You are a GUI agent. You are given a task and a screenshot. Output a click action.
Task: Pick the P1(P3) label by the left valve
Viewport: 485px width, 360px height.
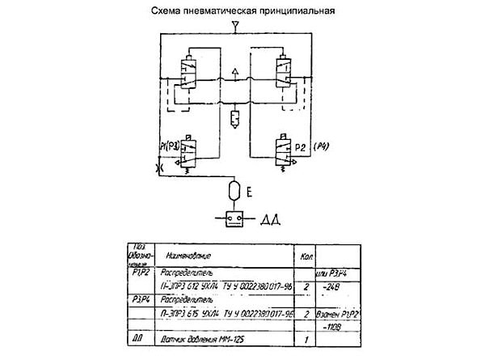(172, 146)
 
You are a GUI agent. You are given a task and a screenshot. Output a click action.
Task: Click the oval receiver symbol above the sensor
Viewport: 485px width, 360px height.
(234, 191)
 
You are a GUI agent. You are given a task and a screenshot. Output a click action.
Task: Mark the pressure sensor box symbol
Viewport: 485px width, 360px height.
(234, 218)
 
